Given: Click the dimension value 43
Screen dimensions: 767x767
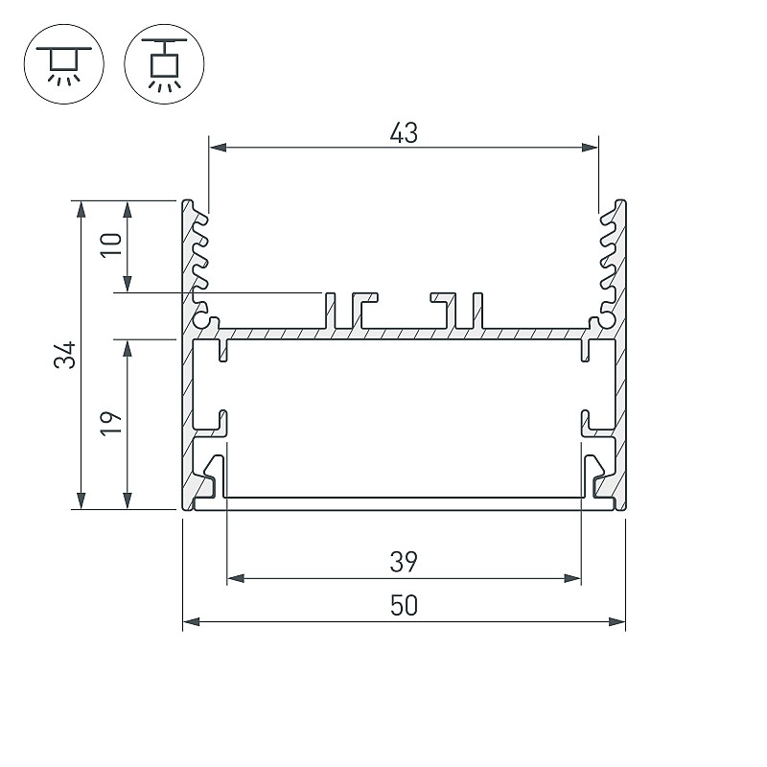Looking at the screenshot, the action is [404, 133].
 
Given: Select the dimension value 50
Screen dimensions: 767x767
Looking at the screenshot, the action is [404, 606].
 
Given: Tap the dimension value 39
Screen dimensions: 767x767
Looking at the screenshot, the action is [404, 562].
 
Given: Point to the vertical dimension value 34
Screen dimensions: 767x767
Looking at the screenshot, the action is [65, 355].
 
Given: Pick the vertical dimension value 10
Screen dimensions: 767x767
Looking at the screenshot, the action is [111, 244].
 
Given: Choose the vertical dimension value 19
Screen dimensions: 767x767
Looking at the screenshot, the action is [111, 424].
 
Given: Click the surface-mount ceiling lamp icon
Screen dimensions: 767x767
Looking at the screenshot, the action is [63, 64].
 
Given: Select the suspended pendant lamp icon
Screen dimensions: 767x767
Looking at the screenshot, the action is [164, 64].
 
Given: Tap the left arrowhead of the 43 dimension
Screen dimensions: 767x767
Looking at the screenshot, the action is [218, 148].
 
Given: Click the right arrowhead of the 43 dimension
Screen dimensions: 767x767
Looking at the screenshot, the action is [590, 148].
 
